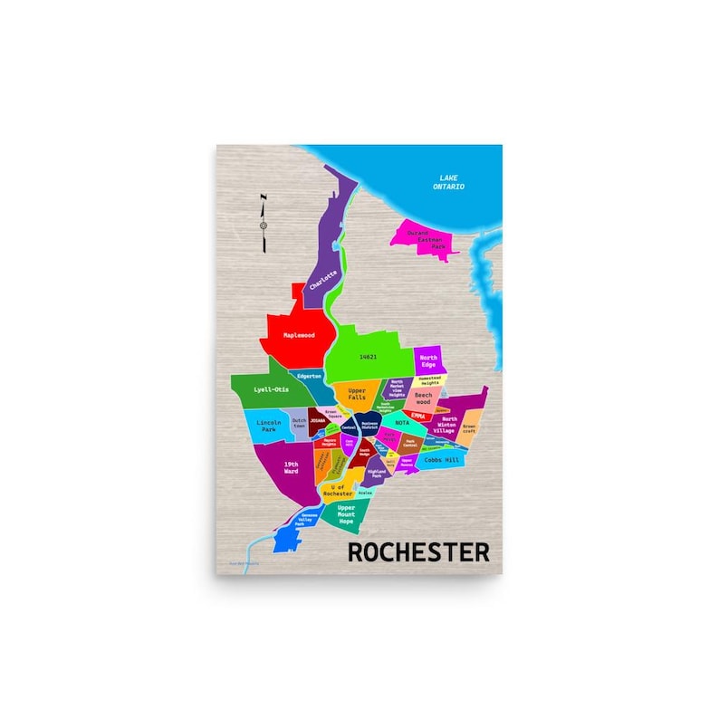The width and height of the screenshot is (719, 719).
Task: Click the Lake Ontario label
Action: point(451,182)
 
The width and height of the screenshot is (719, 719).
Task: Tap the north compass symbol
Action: point(264,223)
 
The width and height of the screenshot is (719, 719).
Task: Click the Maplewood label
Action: point(299,334)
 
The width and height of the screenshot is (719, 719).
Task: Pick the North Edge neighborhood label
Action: point(428,360)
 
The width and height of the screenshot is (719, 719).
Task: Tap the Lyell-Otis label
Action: point(271,389)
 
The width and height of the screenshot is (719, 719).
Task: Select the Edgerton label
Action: point(310,376)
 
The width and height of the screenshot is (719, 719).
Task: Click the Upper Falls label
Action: point(350,396)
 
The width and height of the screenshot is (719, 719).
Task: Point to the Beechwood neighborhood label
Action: point(424,398)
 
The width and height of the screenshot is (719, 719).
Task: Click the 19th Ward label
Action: point(291,467)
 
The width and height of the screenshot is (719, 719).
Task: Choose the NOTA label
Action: point(403,422)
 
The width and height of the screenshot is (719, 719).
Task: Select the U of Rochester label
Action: point(341,490)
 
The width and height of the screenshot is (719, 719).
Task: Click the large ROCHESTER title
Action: point(418,551)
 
